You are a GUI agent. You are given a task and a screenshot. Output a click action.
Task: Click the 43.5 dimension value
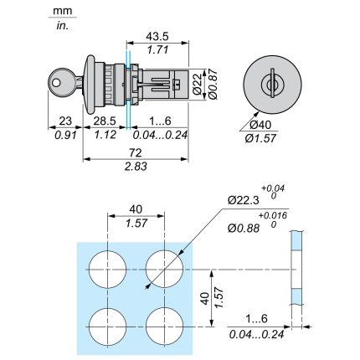(x=157, y=36)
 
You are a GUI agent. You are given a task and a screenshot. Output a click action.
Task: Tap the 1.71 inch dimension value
(x=157, y=50)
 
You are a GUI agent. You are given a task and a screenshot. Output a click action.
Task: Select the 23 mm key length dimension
(x=65, y=121)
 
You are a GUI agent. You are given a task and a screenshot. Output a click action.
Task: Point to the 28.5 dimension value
(x=105, y=121)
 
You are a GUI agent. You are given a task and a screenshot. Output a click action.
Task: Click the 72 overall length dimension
(x=136, y=152)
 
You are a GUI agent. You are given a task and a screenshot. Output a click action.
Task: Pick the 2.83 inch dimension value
(x=136, y=167)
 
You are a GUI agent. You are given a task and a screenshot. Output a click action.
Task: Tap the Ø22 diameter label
(x=198, y=84)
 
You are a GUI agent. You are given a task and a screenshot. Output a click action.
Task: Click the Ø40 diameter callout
(x=260, y=125)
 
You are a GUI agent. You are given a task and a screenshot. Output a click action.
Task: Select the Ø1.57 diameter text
(x=260, y=138)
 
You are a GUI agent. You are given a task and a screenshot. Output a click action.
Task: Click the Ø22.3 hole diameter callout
(x=244, y=200)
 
